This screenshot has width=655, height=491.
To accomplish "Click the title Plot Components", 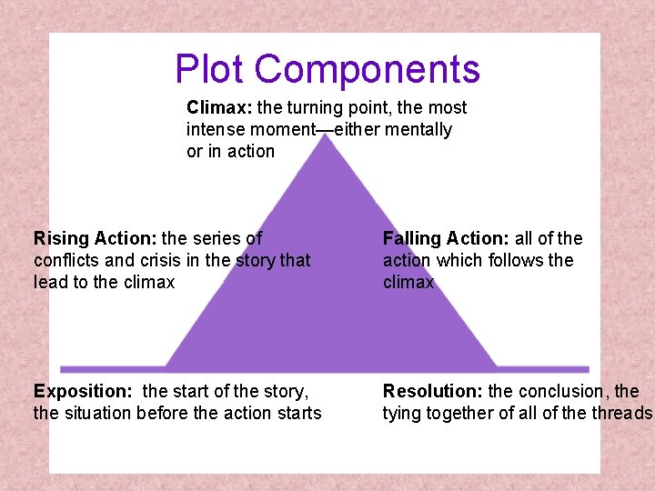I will pos(327,69).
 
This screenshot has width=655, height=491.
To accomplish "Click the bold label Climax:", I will pos(219,107).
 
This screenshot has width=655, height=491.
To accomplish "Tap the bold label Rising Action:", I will pos(95,238).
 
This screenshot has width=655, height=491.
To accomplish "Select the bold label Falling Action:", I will pos(446,238).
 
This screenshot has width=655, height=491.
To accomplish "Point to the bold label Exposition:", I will pos(83,391).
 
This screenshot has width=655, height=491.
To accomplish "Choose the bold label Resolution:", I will pos(433,391).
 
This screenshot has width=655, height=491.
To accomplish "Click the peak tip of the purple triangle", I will pos(327,135).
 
